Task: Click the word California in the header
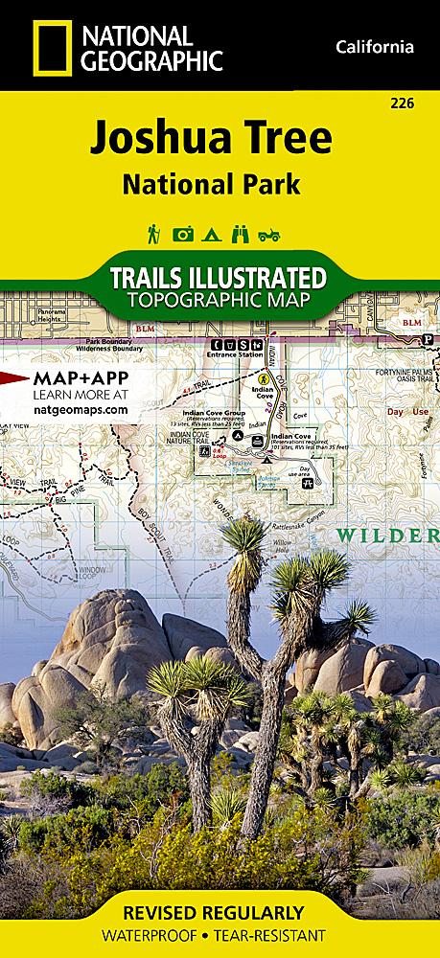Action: [x=375, y=48]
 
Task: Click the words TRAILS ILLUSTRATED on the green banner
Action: [x=220, y=279]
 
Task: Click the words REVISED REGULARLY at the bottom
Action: [x=220, y=912]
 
